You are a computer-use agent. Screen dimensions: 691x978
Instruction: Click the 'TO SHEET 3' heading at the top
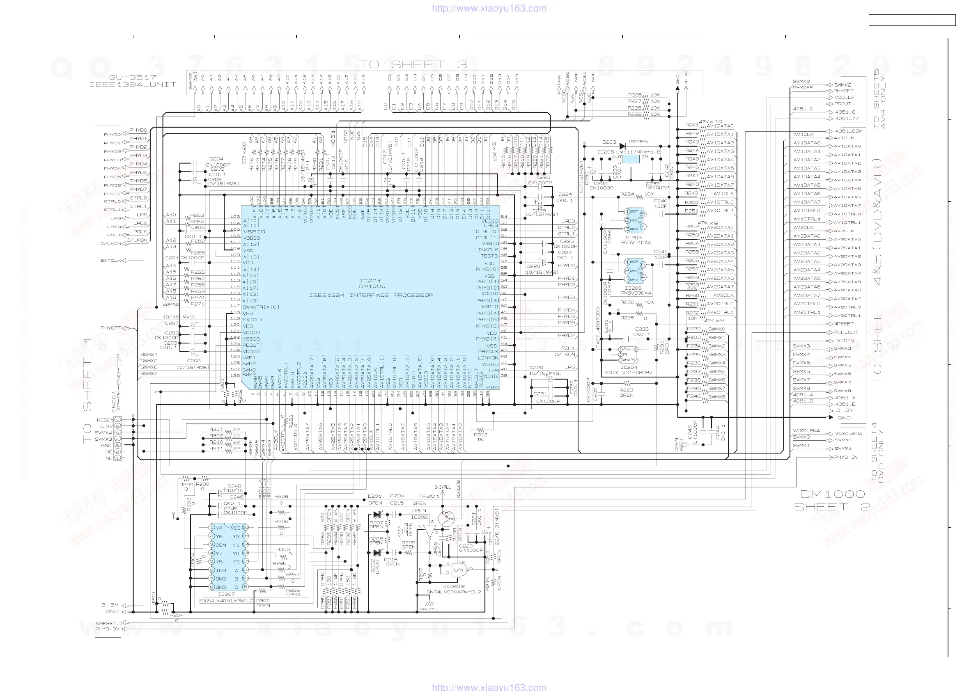tap(412, 64)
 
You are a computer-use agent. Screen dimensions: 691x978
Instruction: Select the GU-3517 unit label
tap(133, 77)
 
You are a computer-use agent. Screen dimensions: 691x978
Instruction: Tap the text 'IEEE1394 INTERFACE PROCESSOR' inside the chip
tap(371, 295)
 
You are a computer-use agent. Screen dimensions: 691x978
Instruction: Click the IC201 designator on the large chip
tap(370, 281)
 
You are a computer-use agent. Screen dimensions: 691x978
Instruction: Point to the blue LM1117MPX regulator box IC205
tap(631, 159)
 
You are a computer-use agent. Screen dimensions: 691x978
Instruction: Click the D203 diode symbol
tap(622, 146)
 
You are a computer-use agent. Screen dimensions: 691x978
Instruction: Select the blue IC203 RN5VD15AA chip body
tap(635, 220)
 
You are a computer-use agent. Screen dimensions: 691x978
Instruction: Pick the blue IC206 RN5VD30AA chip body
tap(635, 271)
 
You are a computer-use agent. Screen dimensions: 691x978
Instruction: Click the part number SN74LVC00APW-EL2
tap(454, 592)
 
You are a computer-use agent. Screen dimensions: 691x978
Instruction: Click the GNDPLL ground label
tap(429, 609)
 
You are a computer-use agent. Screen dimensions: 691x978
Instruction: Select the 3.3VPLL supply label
tap(442, 487)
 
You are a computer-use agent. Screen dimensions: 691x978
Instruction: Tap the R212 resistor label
tap(480, 435)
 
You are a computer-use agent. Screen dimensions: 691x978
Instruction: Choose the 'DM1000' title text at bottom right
tap(833, 494)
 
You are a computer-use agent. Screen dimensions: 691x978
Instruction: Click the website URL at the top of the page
tap(489, 8)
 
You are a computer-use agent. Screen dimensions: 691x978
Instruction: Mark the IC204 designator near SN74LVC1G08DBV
tap(629, 367)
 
